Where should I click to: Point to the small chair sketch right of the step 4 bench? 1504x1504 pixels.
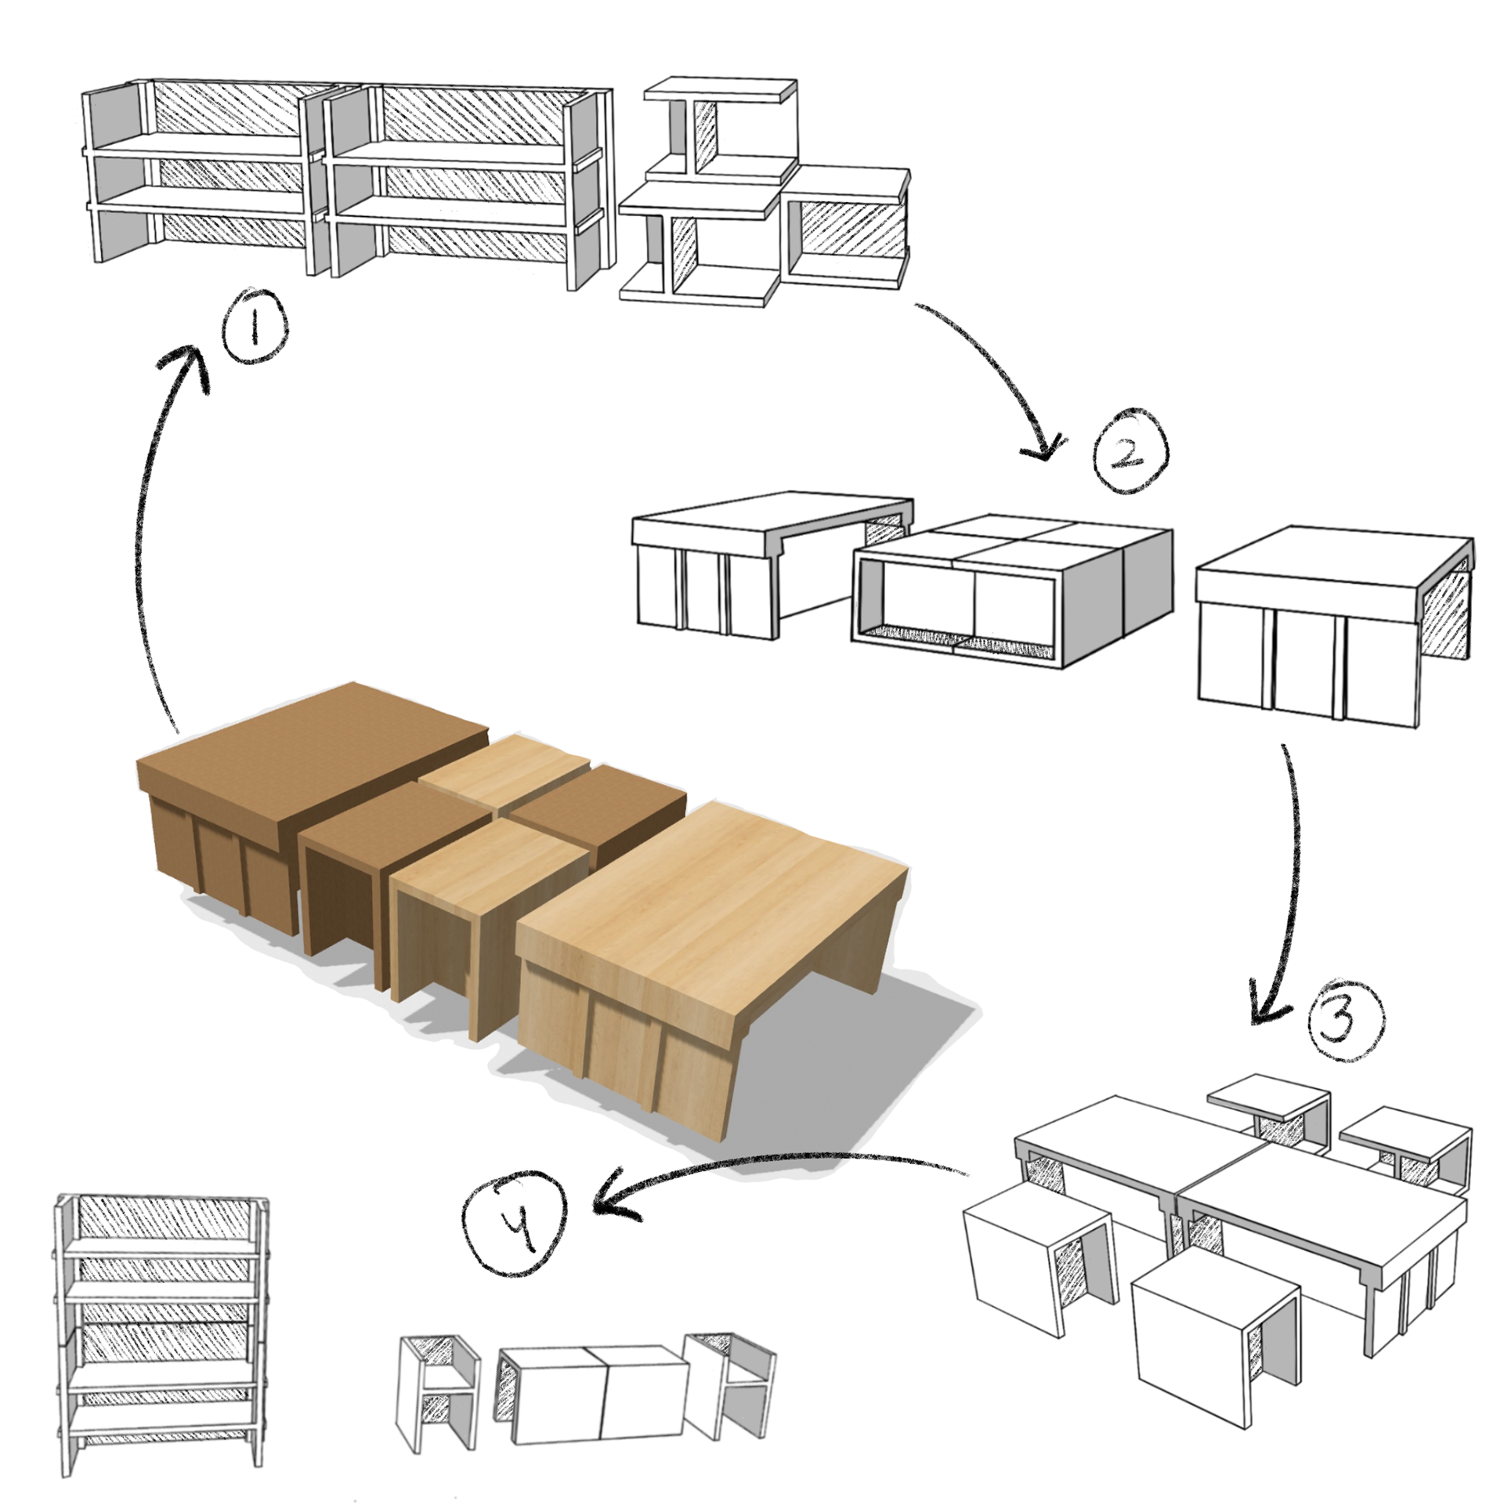pos(728,1383)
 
